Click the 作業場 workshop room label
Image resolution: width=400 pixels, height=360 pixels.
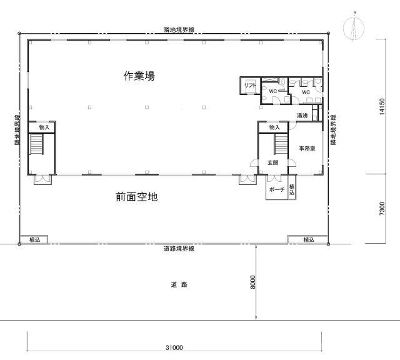pyautogui.click(x=139, y=76)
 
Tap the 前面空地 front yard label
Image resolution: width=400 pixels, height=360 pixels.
pyautogui.click(x=137, y=197)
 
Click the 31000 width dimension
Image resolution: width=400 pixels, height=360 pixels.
pyautogui.click(x=174, y=347)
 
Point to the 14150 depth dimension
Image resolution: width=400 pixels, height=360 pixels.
pyautogui.click(x=382, y=107)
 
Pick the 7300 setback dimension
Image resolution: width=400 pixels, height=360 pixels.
pyautogui.click(x=382, y=209)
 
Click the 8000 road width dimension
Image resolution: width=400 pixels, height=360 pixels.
pyautogui.click(x=252, y=282)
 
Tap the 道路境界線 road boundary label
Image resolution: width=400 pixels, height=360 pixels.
pyautogui.click(x=179, y=249)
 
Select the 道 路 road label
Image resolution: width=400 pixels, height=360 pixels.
pyautogui.click(x=179, y=284)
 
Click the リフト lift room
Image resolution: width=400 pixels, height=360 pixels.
pyautogui.click(x=250, y=86)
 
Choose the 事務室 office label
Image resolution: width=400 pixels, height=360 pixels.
pyautogui.click(x=307, y=149)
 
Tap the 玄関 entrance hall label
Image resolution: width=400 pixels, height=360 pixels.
pyautogui.click(x=272, y=162)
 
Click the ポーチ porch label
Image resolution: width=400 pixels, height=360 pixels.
pyautogui.click(x=277, y=189)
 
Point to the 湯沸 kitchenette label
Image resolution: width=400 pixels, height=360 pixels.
pyautogui.click(x=302, y=116)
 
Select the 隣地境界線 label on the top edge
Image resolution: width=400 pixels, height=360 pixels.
pyautogui.click(x=179, y=30)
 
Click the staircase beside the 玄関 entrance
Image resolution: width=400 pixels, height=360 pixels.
pyautogui.click(x=281, y=144)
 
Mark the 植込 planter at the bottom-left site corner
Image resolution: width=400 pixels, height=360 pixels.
pyautogui.click(x=34, y=239)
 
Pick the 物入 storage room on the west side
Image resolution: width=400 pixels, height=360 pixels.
pyautogui.click(x=42, y=127)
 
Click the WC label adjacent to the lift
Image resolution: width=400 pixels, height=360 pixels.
pyautogui.click(x=273, y=91)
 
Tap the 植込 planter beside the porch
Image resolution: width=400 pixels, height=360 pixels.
pyautogui.click(x=292, y=189)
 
